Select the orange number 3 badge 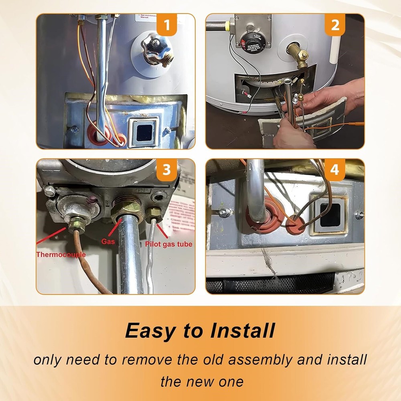(x=167, y=170)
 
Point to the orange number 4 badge (x=335, y=170)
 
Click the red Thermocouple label (x=61, y=254)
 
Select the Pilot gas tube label (x=168, y=244)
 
